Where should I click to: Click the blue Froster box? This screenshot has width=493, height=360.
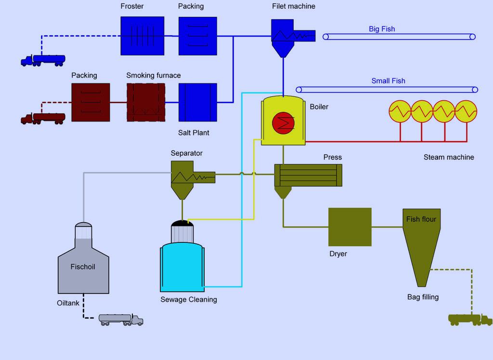142,36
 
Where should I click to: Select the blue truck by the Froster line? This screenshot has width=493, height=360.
43,60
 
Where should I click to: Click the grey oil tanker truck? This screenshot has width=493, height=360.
121,319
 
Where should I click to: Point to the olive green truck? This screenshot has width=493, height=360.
470,319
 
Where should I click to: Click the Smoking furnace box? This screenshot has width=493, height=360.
146,102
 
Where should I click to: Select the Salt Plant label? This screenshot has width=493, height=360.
194,133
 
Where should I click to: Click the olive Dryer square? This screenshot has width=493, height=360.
350,227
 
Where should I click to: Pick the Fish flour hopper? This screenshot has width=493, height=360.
421,241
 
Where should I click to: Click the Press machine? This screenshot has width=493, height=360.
308,175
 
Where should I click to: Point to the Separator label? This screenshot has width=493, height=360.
187,153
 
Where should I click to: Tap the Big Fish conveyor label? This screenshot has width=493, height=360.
382,29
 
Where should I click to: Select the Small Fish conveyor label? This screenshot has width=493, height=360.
388,81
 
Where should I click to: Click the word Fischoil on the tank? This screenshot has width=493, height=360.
83,267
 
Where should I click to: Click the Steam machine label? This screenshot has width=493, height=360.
449,157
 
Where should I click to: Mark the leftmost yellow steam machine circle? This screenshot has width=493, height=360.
400,111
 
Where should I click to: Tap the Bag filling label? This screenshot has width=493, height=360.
423,297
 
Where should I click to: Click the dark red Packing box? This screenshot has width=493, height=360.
91,102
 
